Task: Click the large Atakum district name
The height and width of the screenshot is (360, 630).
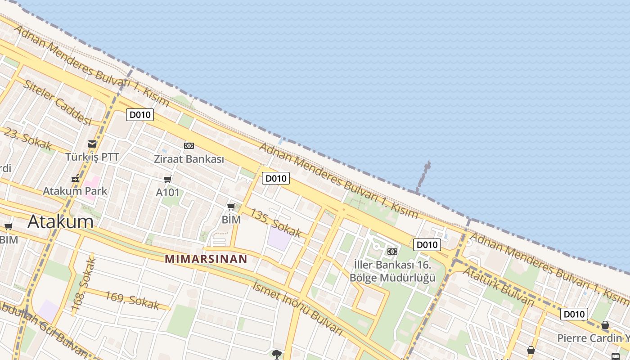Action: click(x=61, y=221)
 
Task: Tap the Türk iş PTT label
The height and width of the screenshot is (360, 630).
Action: click(x=92, y=157)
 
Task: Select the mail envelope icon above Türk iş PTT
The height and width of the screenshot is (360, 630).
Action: click(x=92, y=144)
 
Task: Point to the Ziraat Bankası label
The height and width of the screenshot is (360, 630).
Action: click(x=189, y=159)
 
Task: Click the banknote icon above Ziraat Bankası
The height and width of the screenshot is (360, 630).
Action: click(x=189, y=145)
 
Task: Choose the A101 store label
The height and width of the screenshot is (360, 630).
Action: click(x=168, y=193)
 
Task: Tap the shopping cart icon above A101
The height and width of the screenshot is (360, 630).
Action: click(x=168, y=180)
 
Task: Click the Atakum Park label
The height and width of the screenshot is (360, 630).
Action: click(x=75, y=191)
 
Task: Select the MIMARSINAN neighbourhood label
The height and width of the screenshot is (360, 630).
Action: click(x=206, y=259)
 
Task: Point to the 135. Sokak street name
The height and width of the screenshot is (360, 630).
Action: click(x=275, y=222)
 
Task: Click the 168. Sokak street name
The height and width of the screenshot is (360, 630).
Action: click(x=84, y=280)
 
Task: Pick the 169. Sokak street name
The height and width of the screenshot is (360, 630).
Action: click(x=132, y=300)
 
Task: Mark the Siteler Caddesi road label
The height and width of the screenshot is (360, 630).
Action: click(x=57, y=102)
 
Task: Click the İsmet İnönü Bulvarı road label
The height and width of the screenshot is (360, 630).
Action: click(x=298, y=306)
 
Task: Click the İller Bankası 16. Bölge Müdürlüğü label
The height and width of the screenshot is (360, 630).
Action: click(x=392, y=271)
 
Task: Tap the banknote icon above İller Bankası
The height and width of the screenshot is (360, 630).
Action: click(x=392, y=251)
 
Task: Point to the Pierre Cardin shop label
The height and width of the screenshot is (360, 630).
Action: click(x=593, y=338)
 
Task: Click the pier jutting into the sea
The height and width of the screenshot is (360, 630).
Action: click(x=423, y=176)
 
